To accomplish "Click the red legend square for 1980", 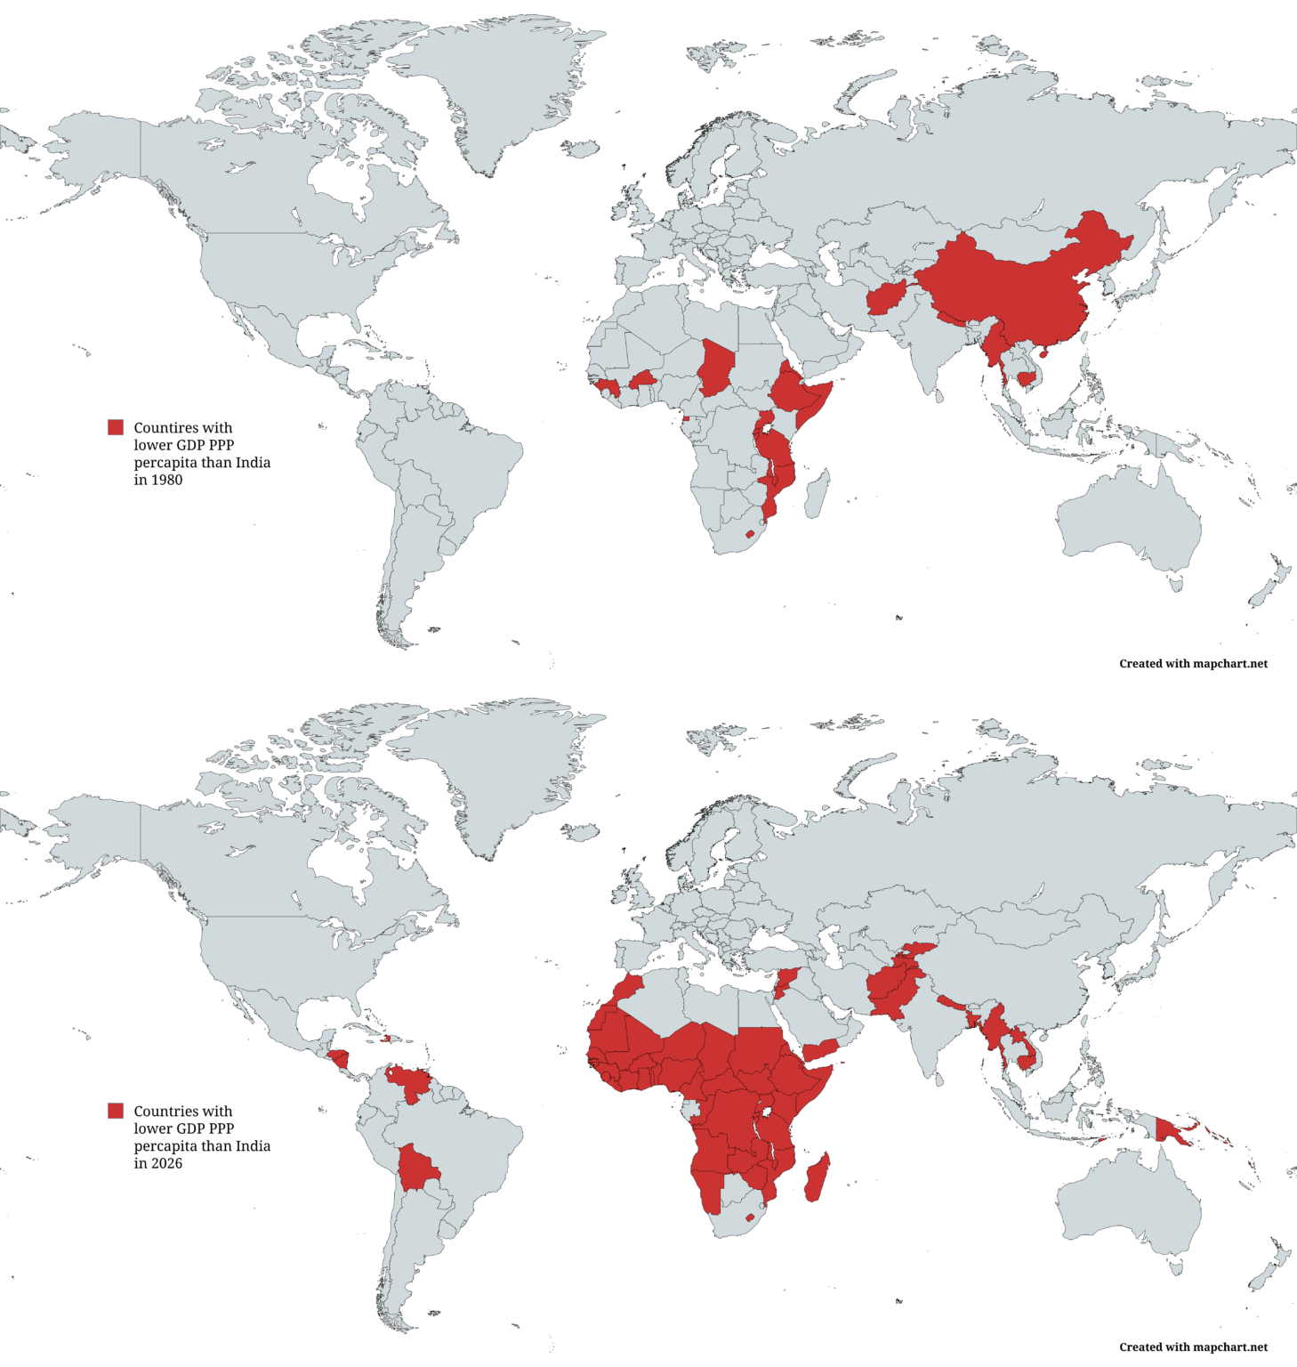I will pos(116,427).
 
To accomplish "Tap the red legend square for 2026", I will pos(116,1111).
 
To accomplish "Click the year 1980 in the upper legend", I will pos(166,480).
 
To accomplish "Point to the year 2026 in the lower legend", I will pos(166,1163).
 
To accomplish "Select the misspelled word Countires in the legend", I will pos(182,428).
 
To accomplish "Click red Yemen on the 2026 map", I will pos(823,1048).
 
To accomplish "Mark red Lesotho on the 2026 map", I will pos(750,1217).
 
